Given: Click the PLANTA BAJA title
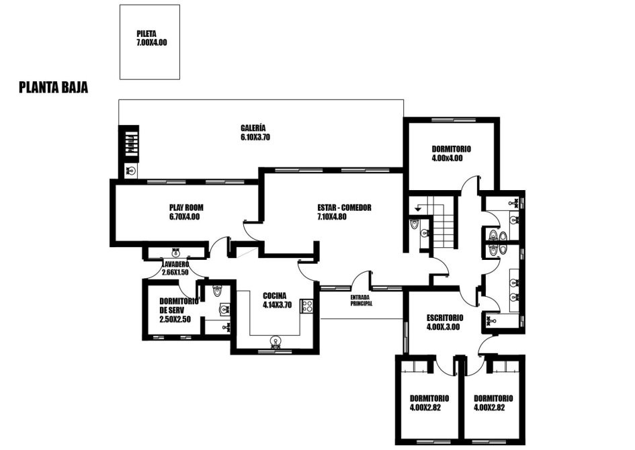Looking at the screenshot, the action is (x=54, y=87).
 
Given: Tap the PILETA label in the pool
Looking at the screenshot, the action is (x=146, y=34).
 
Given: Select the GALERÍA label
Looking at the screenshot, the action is (x=253, y=128).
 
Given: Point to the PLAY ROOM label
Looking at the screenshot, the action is (x=186, y=208).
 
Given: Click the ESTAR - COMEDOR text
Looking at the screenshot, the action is (x=344, y=208).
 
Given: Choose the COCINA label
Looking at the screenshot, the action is (x=274, y=296).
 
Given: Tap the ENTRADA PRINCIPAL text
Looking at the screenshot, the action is (x=362, y=300).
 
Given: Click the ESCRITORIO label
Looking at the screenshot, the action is (x=445, y=318).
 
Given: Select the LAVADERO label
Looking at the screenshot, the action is (x=175, y=264).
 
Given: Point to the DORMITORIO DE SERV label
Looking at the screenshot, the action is (x=178, y=306).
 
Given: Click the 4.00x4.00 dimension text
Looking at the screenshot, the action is (x=447, y=159).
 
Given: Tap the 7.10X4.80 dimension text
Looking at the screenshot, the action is (x=332, y=217).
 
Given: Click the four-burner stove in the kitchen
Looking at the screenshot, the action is (x=306, y=306).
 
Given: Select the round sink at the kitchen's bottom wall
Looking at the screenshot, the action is (x=276, y=341).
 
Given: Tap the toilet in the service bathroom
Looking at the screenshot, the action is (x=218, y=291).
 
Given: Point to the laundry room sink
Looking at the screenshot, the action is (x=176, y=253).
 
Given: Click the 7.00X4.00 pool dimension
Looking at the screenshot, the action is (x=152, y=42).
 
